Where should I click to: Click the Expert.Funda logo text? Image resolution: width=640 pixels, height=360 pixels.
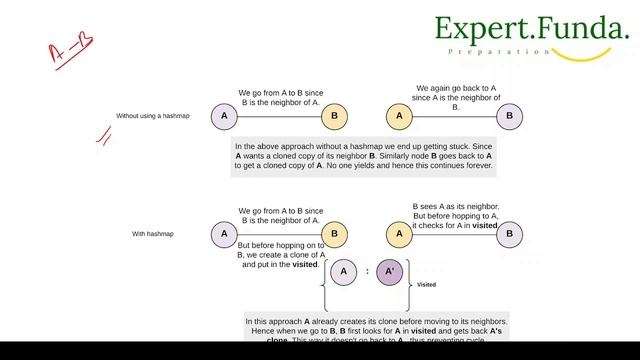pyautogui.click(x=529, y=29)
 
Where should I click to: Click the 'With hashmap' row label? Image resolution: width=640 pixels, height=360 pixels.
pyautogui.click(x=153, y=234)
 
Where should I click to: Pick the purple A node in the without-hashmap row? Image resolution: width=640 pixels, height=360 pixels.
pyautogui.click(x=224, y=116)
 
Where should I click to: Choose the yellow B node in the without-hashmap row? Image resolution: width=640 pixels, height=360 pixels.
pyautogui.click(x=335, y=116)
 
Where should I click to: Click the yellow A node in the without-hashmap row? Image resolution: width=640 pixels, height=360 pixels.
pyautogui.click(x=399, y=116)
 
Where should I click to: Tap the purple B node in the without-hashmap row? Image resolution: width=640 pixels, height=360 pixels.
pyautogui.click(x=510, y=116)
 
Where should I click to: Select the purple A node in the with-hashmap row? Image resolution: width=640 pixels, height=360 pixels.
pyautogui.click(x=224, y=234)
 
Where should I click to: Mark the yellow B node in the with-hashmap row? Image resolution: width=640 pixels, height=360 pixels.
pyautogui.click(x=335, y=234)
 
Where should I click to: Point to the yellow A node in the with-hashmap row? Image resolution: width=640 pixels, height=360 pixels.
pyautogui.click(x=399, y=234)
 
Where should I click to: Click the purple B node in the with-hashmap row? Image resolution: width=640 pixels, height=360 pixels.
pyautogui.click(x=510, y=234)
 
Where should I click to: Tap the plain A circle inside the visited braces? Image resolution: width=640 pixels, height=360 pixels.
pyautogui.click(x=343, y=271)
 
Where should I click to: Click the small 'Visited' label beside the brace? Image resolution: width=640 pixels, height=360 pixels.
pyautogui.click(x=426, y=284)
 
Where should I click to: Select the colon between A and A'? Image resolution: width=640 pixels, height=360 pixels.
pyautogui.click(x=367, y=272)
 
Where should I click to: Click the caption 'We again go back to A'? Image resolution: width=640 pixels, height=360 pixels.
pyautogui.click(x=456, y=88)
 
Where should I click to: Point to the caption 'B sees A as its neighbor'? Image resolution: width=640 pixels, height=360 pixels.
pyautogui.click(x=456, y=206)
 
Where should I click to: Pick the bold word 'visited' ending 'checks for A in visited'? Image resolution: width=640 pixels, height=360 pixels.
pyautogui.click(x=485, y=225)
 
